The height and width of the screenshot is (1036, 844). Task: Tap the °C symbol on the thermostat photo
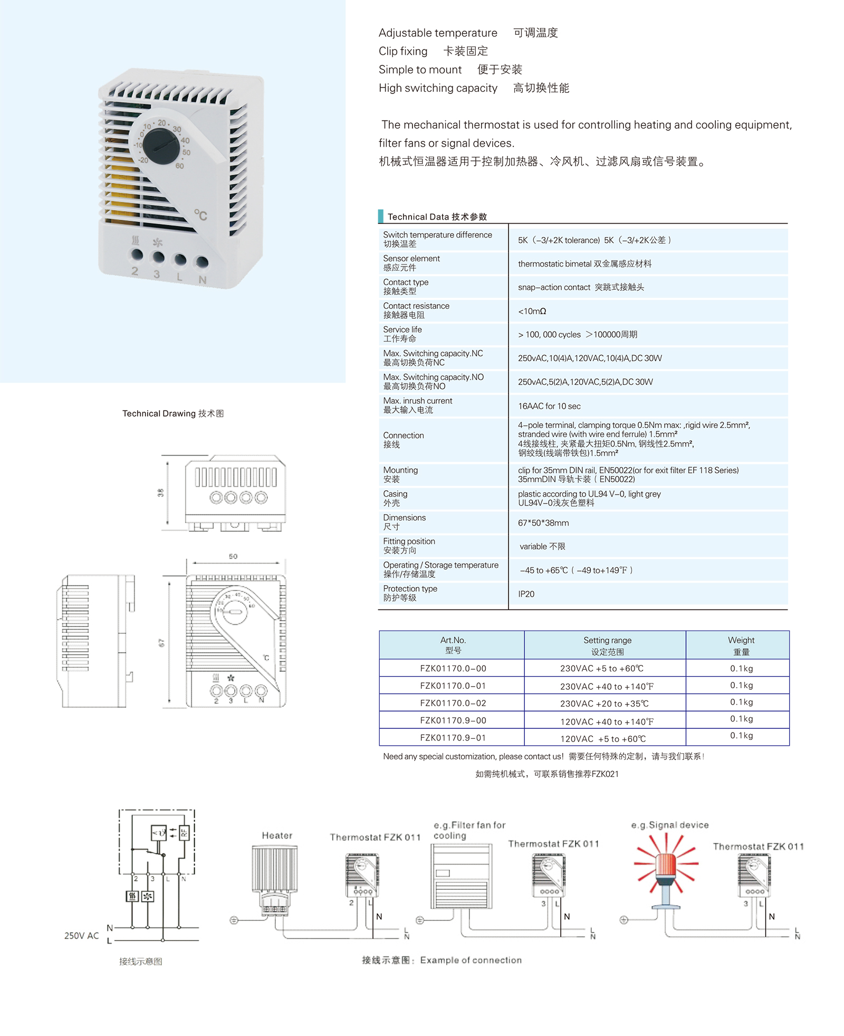(x=200, y=215)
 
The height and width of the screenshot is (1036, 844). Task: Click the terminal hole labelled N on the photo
(x=202, y=262)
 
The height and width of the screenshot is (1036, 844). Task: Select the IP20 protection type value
(x=526, y=594)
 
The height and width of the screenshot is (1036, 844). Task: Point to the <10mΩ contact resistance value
(x=532, y=311)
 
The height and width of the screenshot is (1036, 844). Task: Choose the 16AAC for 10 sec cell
(x=549, y=406)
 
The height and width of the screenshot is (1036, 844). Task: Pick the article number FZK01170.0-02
(x=453, y=703)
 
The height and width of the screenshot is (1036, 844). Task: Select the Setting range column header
(x=607, y=645)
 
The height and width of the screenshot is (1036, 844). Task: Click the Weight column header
(x=741, y=645)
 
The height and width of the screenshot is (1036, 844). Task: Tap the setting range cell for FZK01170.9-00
(x=607, y=721)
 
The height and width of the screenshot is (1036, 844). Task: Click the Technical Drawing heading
(x=173, y=413)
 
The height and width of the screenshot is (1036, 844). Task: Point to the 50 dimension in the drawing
(x=233, y=556)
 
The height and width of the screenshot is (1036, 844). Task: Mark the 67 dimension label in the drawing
(x=161, y=642)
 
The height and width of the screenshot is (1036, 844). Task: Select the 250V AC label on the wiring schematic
(x=81, y=936)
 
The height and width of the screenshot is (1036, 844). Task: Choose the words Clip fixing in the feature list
(x=403, y=51)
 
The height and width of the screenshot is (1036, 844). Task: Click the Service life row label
(x=402, y=334)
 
